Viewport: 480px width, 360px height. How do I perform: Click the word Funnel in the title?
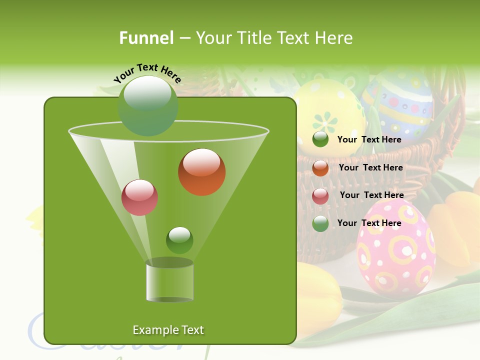point(146,38)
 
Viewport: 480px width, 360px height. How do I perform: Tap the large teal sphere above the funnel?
point(147,105)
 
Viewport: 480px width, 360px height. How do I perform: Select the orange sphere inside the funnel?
point(201,172)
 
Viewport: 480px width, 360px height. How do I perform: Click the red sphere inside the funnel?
point(139,197)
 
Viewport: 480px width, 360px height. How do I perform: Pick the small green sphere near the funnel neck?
point(179,240)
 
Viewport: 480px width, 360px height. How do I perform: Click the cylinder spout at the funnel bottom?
point(169,280)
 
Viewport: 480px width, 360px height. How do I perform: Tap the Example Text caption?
point(168,330)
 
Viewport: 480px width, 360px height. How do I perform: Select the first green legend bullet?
point(320,139)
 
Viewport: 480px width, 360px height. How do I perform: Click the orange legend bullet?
point(320,168)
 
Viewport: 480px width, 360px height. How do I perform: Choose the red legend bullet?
point(320,196)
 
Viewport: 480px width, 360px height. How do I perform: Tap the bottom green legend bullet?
point(320,223)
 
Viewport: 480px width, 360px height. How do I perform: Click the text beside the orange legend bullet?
point(370,168)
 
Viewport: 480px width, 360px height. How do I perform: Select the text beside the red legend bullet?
point(371,195)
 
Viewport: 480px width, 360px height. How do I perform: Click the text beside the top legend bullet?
point(369,140)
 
